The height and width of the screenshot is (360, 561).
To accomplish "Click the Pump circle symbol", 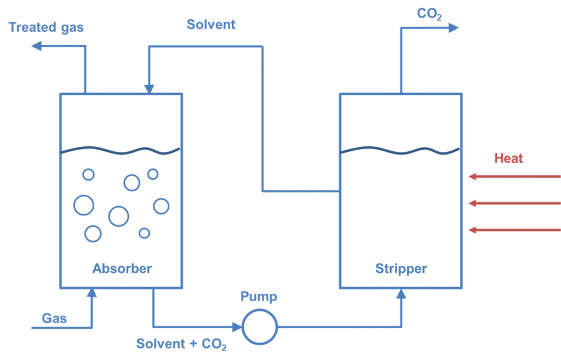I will [260, 327].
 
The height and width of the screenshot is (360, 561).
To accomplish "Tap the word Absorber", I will [122, 268].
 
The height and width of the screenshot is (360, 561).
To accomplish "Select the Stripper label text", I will [401, 268].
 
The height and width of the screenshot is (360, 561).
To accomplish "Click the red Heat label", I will [508, 158].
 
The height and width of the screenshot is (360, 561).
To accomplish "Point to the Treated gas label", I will [47, 27].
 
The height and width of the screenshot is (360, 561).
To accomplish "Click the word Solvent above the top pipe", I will [211, 24].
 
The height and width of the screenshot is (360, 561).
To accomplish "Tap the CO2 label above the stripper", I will [429, 13].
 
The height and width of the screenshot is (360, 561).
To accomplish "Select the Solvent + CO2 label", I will [181, 344].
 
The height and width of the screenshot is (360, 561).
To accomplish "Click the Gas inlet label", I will [54, 318].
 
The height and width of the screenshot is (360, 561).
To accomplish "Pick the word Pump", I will [259, 297].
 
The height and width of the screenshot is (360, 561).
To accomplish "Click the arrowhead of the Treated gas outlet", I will [37, 46].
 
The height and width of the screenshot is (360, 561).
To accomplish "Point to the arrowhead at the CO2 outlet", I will [453, 27].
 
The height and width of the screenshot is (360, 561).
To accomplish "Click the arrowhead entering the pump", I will [237, 327].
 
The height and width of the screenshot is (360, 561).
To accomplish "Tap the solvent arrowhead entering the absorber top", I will [148, 89].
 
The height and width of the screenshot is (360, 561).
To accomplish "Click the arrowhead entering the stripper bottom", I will [402, 293].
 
